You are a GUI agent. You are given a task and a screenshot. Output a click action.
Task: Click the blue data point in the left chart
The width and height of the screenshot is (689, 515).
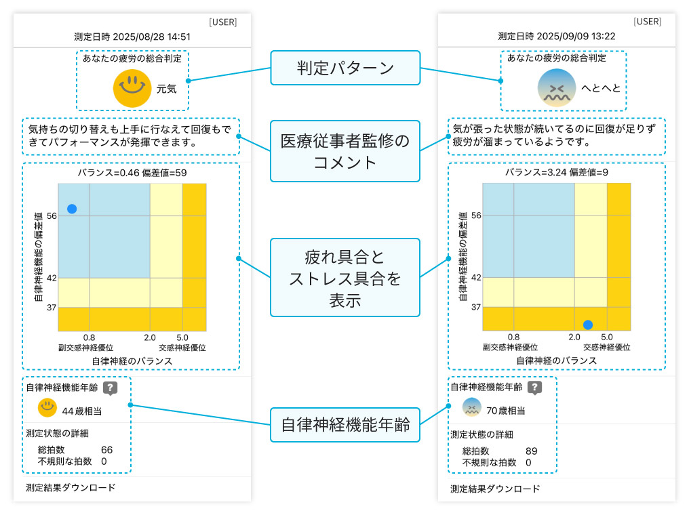coord(72,209)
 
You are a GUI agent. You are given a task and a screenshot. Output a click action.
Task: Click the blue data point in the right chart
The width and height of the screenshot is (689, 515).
coord(588,325)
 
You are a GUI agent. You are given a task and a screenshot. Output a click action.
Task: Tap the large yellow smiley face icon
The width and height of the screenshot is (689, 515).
coord(132,87)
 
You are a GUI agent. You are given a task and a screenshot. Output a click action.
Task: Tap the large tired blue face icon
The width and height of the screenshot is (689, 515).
coord(556,88)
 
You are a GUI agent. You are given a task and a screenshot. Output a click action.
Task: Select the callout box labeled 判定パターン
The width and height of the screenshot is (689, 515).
coord(345,68)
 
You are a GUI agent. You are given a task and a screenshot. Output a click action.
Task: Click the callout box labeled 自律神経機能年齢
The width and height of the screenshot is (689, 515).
coord(345,425)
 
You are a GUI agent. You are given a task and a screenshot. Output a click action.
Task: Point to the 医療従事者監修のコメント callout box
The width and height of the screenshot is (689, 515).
coord(345,151)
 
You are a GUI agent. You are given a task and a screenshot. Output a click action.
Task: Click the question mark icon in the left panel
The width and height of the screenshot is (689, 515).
coord(111,388)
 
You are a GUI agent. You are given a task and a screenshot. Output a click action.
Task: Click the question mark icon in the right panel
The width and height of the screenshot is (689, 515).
coord(535,387)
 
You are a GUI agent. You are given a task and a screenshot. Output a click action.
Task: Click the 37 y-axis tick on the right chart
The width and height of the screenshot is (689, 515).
coord(475,307)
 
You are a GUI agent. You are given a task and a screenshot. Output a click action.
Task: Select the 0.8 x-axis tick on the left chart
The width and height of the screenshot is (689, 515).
coord(89,337)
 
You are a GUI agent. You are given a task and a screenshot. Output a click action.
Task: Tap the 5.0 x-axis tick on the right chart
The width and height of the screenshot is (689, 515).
coord(607,337)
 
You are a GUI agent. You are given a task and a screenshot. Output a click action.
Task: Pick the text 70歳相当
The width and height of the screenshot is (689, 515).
coord(506,410)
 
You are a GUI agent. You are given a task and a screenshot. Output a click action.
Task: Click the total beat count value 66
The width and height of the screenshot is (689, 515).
coord(106,450)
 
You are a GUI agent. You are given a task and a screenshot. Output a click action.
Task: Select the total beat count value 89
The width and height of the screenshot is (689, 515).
coord(531,451)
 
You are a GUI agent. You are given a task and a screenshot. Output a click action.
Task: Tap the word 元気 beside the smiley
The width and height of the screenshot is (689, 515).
coord(166,88)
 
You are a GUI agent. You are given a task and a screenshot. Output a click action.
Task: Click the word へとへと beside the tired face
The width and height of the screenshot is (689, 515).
coord(601,88)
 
